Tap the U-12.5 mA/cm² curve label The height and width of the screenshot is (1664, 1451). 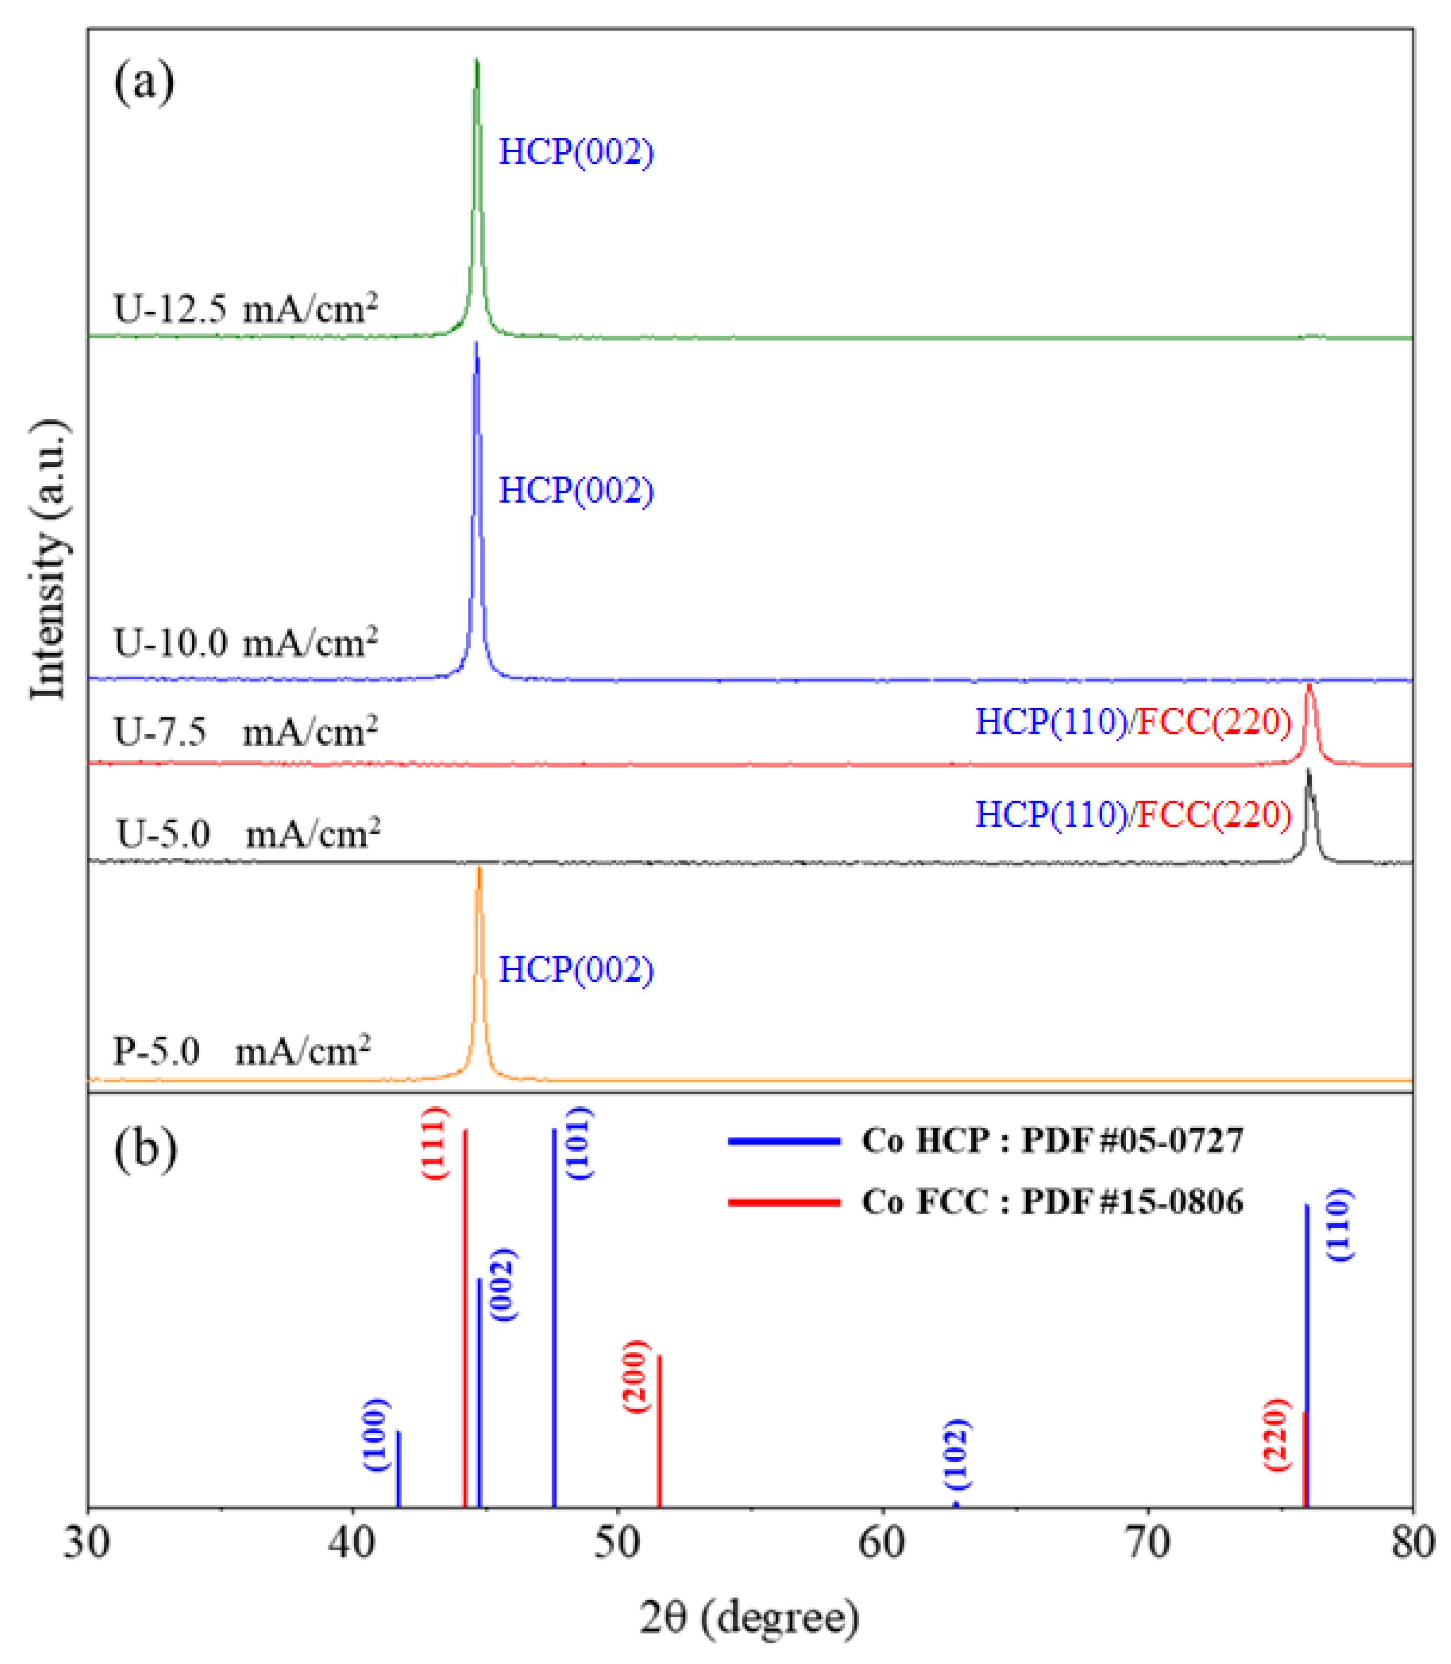(x=246, y=309)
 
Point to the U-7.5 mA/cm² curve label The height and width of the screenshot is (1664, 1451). (x=246, y=731)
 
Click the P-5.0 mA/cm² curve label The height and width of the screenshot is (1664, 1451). (x=241, y=1052)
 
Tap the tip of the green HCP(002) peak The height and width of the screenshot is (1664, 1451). (x=477, y=62)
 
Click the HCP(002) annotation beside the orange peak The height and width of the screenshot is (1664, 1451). (x=576, y=970)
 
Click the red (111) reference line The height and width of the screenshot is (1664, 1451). (x=465, y=1312)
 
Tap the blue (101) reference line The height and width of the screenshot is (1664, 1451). (x=554, y=1312)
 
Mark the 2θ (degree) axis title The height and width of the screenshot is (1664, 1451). (x=749, y=1618)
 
